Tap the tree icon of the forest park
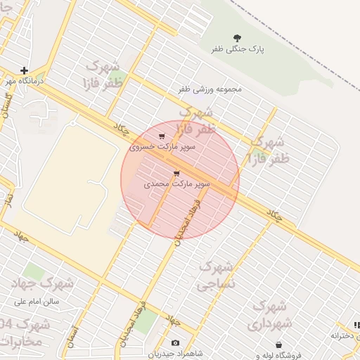pyautogui.click(x=236, y=39)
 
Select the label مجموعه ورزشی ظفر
pyautogui.click(x=210, y=89)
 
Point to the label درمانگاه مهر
pyautogui.click(x=25, y=82)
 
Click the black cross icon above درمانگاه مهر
pyautogui.click(x=25, y=70)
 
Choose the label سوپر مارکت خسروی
pyautogui.click(x=162, y=148)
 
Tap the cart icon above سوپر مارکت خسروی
pyautogui.click(x=162, y=136)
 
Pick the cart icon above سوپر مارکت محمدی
pyautogui.click(x=176, y=173)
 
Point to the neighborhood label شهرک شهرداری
pyautogui.click(x=267, y=315)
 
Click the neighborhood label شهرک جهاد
pyautogui.click(x=43, y=283)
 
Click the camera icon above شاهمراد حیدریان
pyautogui.click(x=175, y=342)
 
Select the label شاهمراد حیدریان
pyautogui.click(x=175, y=353)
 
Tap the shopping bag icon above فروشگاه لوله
pyautogui.click(x=279, y=345)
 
